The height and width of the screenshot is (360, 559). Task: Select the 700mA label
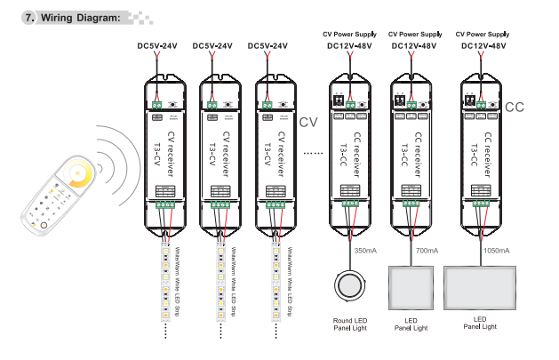point(427,252)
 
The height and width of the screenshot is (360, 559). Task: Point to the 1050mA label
point(496,252)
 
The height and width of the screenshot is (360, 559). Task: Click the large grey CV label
point(307,122)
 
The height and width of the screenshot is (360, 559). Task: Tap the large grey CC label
point(515,108)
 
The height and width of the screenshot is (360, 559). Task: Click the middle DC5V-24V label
point(213,46)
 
